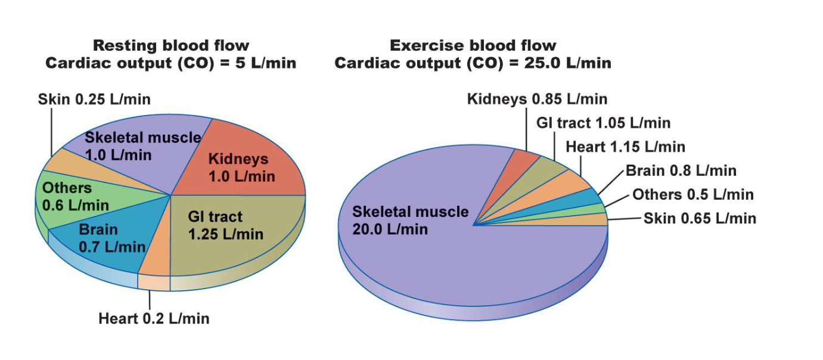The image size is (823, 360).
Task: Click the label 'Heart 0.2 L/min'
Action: coord(154,318)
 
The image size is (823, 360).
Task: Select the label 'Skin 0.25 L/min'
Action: coord(94,99)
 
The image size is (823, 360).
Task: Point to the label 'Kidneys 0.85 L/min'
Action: coord(537,99)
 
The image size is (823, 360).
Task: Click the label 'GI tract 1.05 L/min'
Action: coord(603,123)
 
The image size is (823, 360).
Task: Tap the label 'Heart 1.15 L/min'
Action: coord(625,147)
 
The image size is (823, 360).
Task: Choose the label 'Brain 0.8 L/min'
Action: coord(681,171)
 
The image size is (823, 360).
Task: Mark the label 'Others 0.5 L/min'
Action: coord(692,194)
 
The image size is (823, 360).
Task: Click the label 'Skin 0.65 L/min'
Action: coord(700,218)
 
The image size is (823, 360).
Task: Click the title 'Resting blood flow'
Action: coord(171,45)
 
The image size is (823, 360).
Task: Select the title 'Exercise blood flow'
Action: coord(473,45)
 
